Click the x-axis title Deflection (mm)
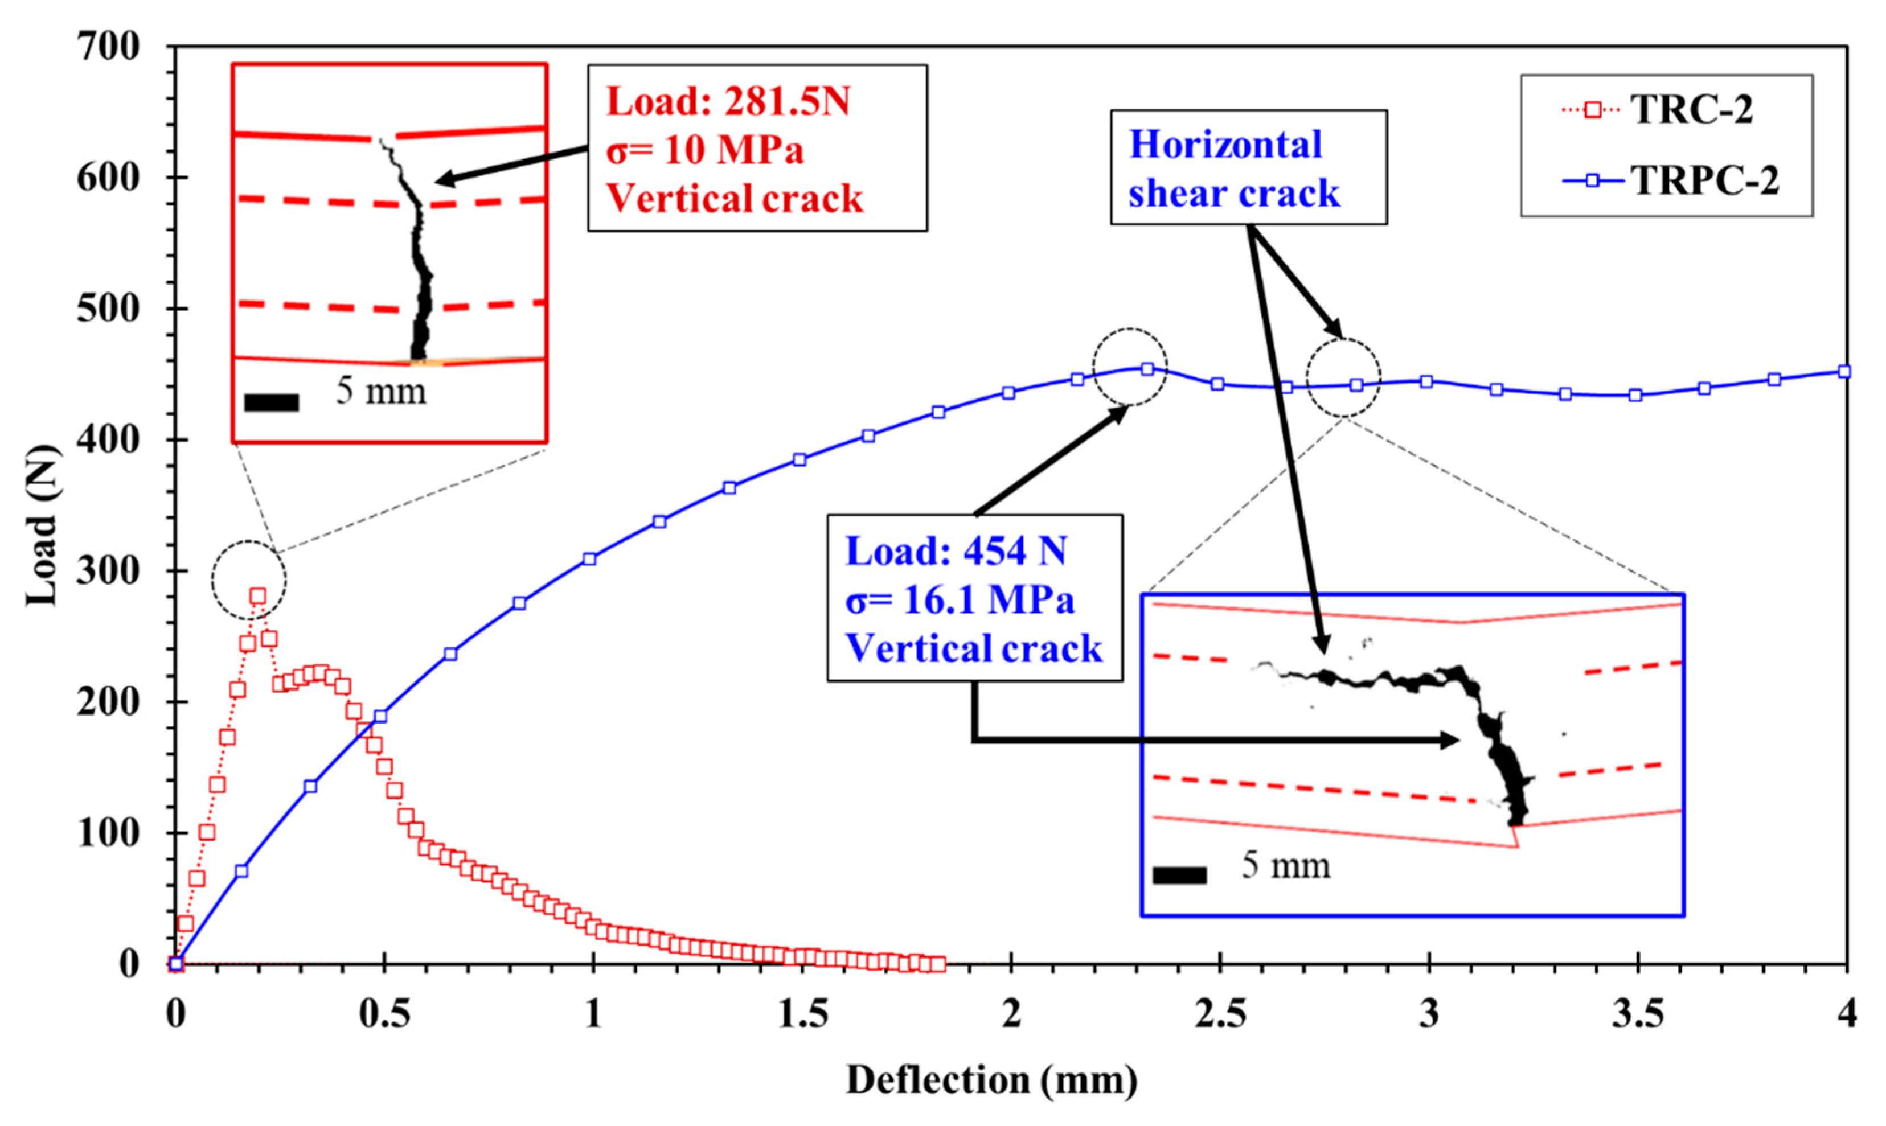(x=992, y=1080)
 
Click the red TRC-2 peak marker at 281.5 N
(x=258, y=595)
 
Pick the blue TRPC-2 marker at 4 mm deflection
(x=1845, y=371)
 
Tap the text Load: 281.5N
(x=728, y=102)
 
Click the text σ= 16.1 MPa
(x=960, y=600)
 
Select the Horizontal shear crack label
(x=1234, y=169)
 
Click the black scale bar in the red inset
(x=272, y=403)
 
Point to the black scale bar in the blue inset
(x=1179, y=875)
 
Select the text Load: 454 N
(x=956, y=551)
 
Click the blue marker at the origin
(x=176, y=964)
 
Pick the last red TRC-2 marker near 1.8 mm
(x=938, y=964)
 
